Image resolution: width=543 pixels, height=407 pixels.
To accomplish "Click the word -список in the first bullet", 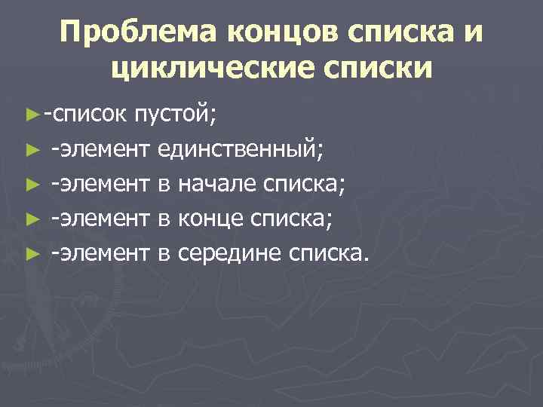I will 86,115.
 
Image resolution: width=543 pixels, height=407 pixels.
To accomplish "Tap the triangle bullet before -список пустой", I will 31,115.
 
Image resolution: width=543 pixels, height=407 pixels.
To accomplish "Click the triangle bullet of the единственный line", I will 31,150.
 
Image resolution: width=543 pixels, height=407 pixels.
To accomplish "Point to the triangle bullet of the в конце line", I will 31,219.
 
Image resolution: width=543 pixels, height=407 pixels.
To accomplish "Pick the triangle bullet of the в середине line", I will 31,254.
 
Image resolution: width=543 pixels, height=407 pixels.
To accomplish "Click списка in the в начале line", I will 308,184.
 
